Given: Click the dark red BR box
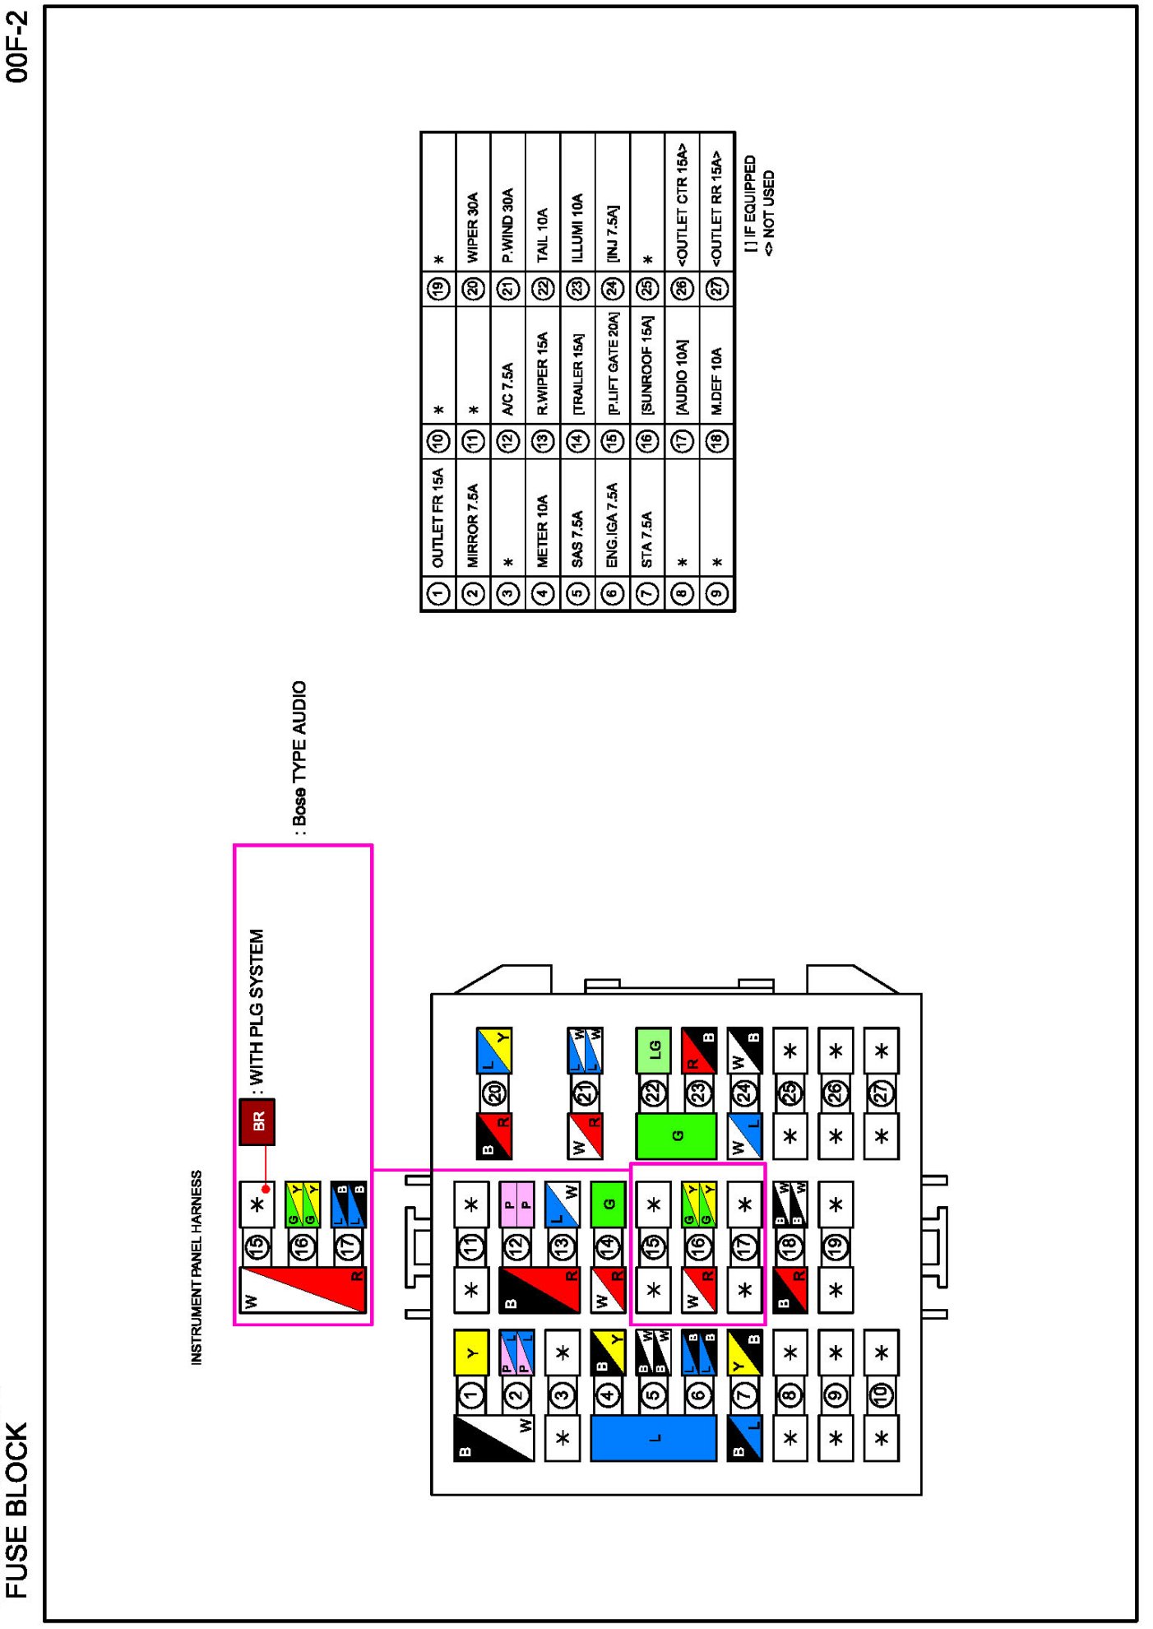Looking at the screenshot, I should tap(257, 1121).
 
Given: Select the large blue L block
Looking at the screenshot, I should tap(654, 1437).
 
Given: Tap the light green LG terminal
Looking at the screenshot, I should tap(654, 1050).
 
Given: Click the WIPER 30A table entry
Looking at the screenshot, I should tap(473, 228).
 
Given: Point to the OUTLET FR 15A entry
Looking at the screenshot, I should tap(438, 517).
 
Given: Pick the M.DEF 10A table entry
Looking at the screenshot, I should tap(717, 381).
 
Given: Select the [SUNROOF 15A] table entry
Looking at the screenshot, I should tap(647, 365).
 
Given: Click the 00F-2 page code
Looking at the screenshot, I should tap(17, 47).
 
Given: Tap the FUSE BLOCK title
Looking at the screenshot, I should tap(17, 1511).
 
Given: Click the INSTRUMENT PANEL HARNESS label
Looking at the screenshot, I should tap(197, 1268).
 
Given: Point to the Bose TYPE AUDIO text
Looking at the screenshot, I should tap(299, 754).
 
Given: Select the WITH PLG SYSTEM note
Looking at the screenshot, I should tap(257, 1008).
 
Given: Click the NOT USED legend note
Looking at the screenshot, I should tap(769, 213).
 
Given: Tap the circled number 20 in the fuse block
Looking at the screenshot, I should tap(494, 1093).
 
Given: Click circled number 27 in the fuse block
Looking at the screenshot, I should tap(881, 1093).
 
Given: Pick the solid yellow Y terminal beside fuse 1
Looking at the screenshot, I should tap(471, 1353).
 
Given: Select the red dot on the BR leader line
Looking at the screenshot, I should tap(266, 1189).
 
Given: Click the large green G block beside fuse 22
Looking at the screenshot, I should tap(676, 1136).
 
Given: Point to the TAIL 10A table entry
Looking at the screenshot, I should tap(543, 235).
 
